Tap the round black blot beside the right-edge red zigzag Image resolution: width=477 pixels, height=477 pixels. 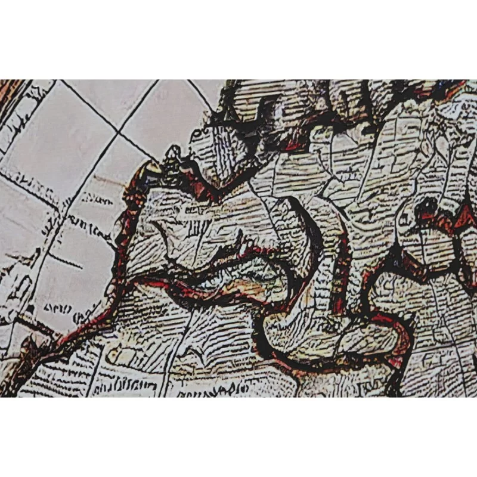427,206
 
